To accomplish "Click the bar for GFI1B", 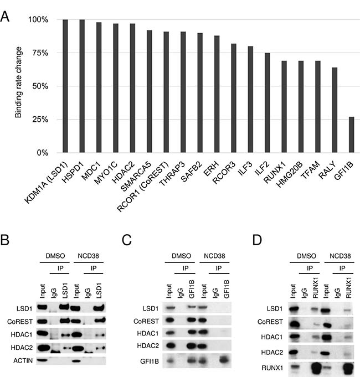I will [351, 135].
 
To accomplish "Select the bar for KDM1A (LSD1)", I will [65, 86].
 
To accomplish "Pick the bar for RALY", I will [335, 110].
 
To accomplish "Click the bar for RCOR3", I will [234, 98].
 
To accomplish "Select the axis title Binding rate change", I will [18, 86].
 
